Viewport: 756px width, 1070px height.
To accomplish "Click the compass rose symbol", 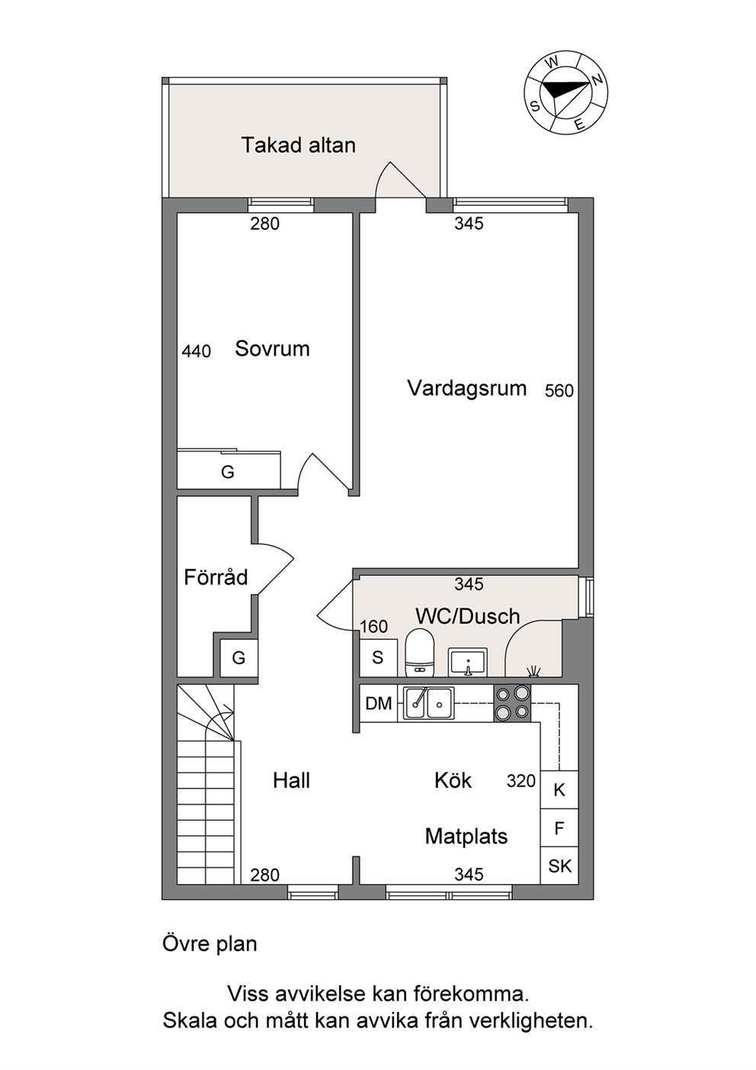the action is coord(565,94).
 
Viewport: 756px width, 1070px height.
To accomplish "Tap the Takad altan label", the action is coord(299,145).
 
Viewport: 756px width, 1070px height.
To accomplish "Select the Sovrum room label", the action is coord(272,349).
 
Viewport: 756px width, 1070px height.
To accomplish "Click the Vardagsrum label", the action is coord(466,388).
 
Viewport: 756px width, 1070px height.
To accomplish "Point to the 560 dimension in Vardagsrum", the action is coord(559,390).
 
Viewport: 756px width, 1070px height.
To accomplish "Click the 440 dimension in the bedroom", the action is coord(196,352).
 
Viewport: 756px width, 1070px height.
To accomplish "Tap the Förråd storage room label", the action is coord(216,577).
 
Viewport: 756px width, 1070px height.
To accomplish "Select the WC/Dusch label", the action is coord(467,617).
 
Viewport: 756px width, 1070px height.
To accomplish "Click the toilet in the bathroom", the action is coord(419,653).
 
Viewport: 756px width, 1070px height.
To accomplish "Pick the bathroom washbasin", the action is coord(468,662).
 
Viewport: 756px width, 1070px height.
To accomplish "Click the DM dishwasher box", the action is coord(379,702).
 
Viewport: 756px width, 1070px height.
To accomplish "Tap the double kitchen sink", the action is coord(428,702).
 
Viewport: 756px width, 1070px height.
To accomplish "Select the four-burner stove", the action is coord(512,702).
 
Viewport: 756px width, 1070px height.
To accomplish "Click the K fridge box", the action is coord(559,791).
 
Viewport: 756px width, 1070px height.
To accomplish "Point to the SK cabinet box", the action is coord(559,866).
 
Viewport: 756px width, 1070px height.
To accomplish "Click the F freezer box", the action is coord(559,828).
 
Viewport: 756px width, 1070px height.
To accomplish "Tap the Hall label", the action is coord(291,781).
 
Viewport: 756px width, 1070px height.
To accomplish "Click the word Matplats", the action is coord(466,837).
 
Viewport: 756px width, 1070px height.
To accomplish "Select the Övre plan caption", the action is coord(210,944).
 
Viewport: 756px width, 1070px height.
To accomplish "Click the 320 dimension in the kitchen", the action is coord(521,781).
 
